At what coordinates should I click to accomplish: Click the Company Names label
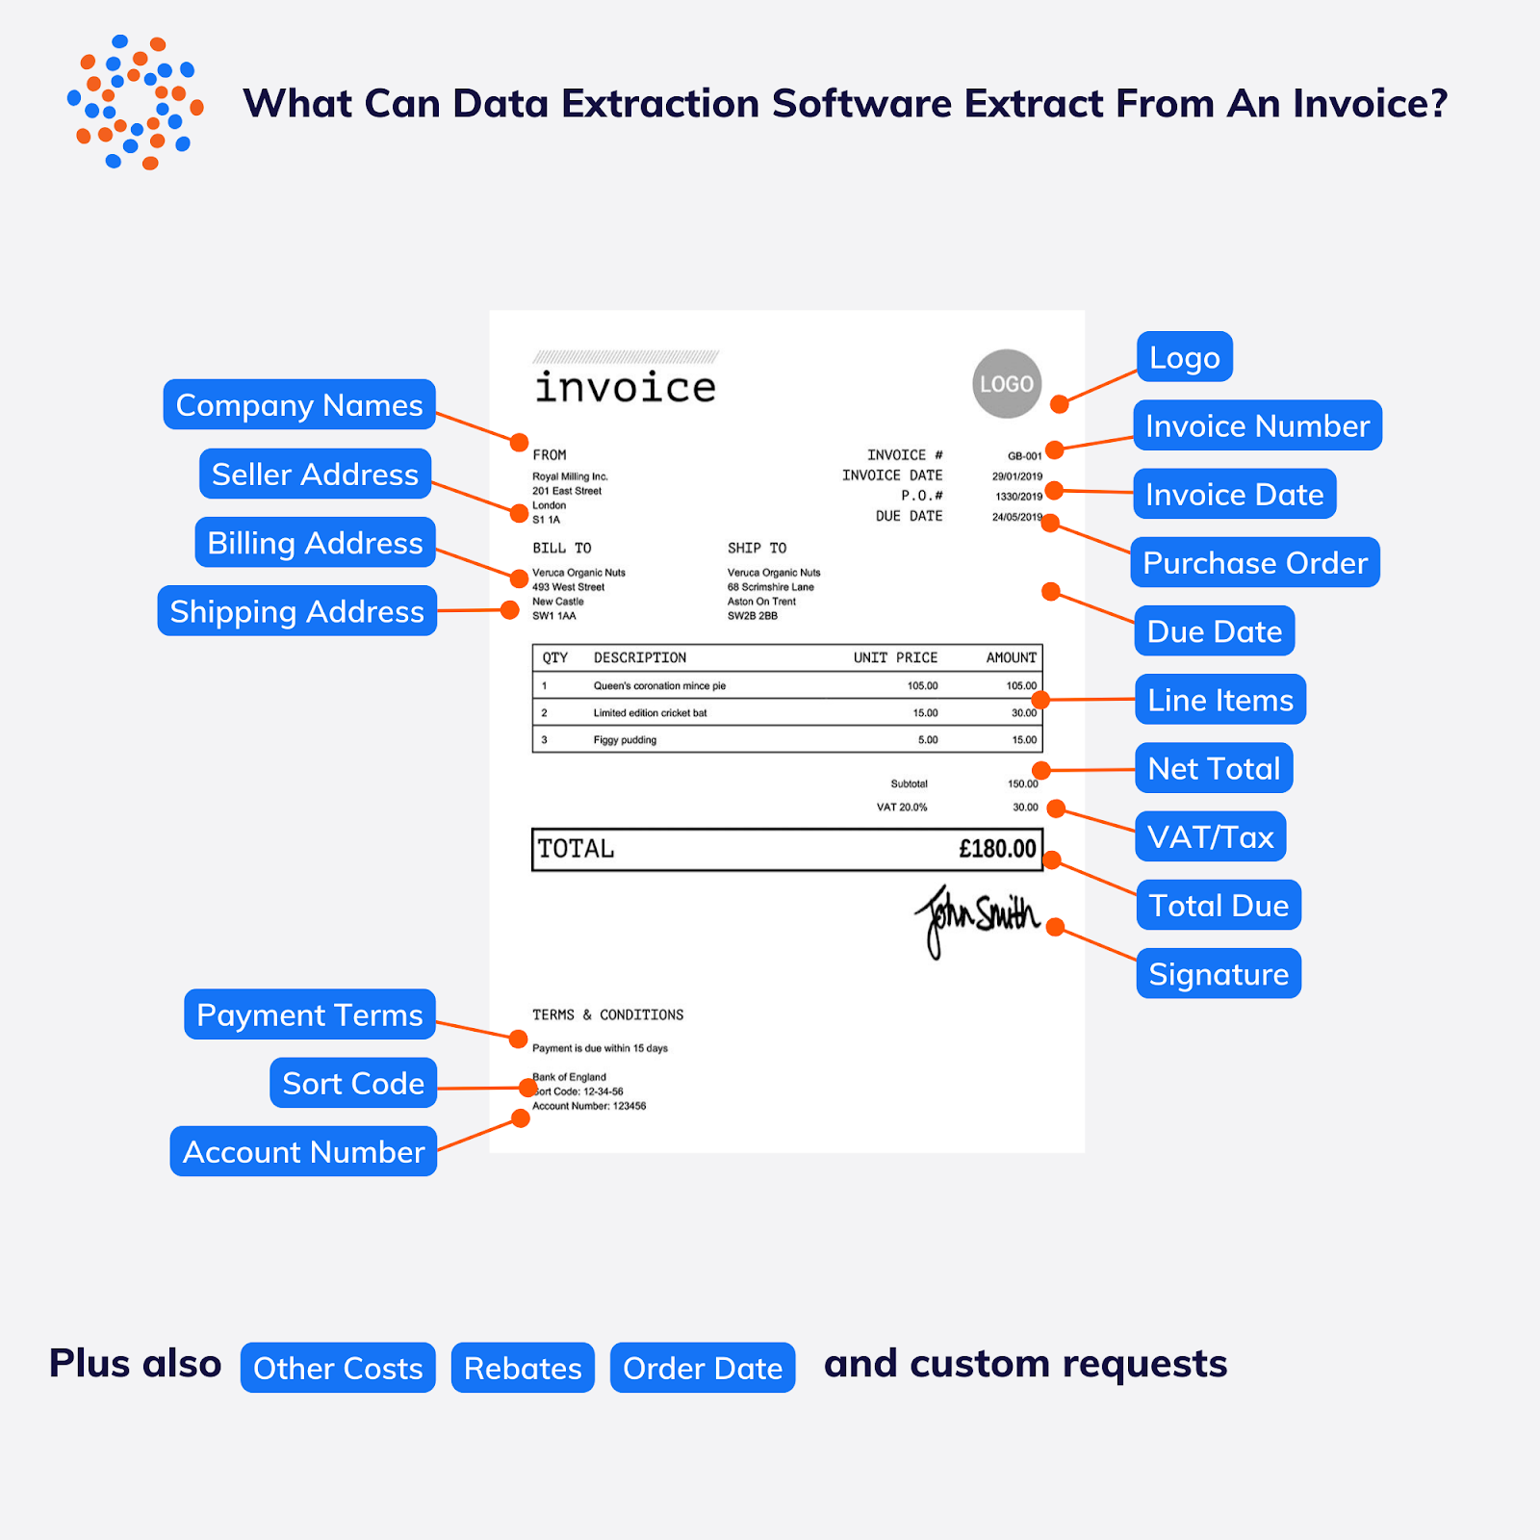point(299,405)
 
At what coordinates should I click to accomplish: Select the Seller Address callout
point(315,474)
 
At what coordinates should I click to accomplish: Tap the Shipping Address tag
point(296,611)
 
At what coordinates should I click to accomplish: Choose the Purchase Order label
point(1255,563)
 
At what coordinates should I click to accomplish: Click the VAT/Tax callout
point(1210,837)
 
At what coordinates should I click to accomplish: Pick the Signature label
point(1219,974)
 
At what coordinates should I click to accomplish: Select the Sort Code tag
point(353,1084)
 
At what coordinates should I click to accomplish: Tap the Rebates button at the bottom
point(523,1368)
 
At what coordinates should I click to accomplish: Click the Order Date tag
point(703,1368)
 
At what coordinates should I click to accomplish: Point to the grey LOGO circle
point(1007,384)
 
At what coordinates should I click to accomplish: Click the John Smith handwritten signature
point(977,917)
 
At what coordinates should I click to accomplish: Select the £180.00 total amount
point(997,849)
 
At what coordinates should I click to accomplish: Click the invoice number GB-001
point(1024,456)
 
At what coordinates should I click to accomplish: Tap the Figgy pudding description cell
point(625,740)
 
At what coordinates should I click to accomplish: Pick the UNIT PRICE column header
point(895,658)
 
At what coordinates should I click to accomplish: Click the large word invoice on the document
point(626,388)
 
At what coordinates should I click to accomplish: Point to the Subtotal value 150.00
point(1022,783)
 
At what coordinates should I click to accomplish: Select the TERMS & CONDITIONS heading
point(608,1015)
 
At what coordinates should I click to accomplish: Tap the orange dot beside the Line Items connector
point(1040,700)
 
